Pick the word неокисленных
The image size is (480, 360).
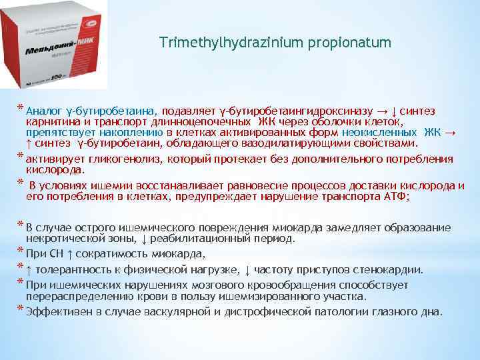[x=383, y=133]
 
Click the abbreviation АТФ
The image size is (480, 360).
[x=398, y=197]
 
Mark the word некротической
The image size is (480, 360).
[x=67, y=237]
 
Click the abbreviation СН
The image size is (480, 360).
[x=57, y=253]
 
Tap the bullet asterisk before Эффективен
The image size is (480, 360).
[x=21, y=310]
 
